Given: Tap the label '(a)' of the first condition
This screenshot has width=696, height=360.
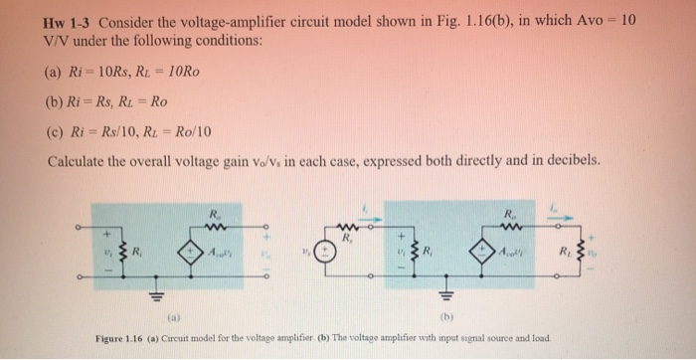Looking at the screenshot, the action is point(56,72).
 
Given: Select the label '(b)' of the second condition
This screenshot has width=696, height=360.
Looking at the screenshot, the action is point(56,101).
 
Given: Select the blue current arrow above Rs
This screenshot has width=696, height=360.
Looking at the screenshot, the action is point(368,208).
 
